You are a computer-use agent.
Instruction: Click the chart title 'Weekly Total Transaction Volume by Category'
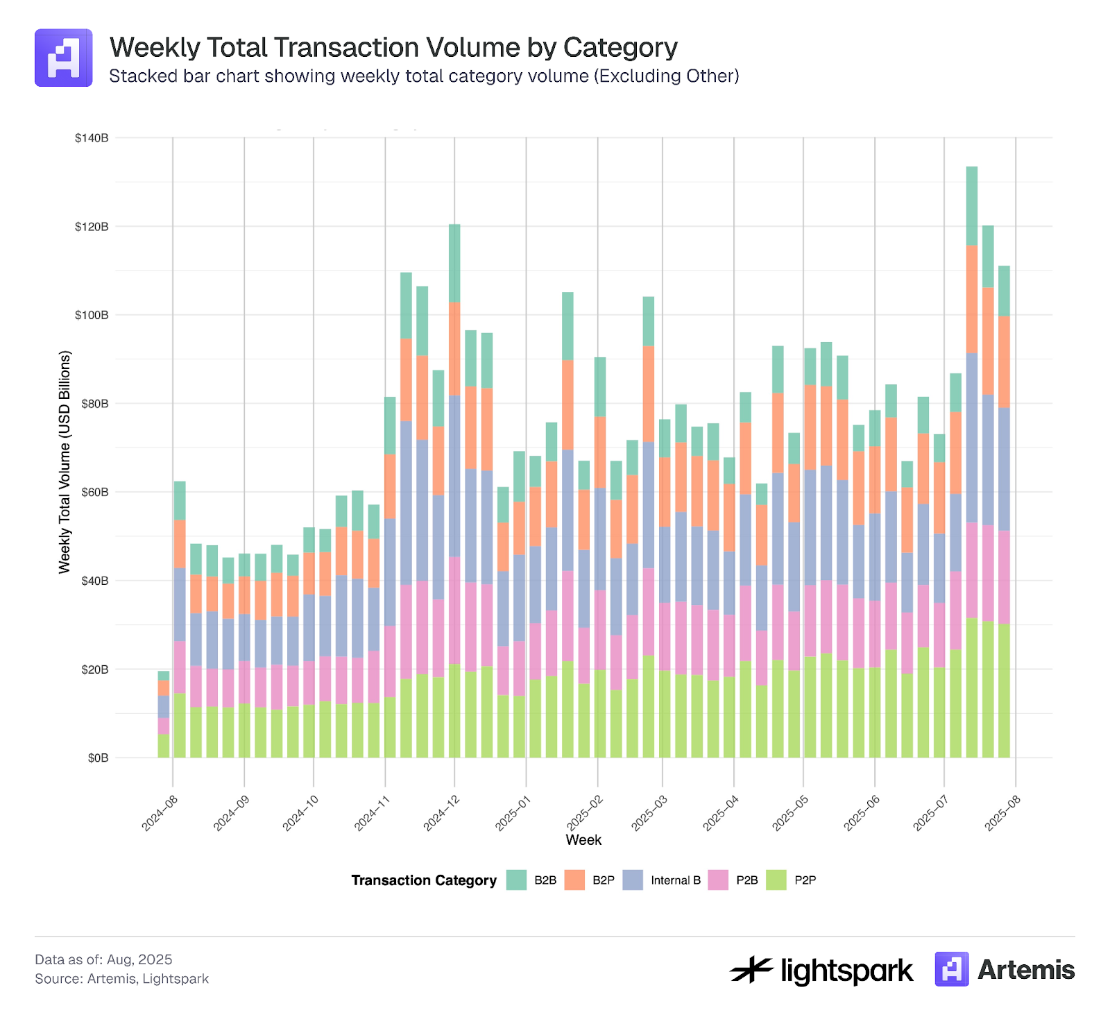(393, 48)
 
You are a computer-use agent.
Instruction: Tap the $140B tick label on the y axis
(92, 138)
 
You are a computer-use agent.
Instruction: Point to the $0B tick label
(98, 758)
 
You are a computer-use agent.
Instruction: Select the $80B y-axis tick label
(94, 404)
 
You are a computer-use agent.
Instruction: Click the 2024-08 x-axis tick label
(160, 813)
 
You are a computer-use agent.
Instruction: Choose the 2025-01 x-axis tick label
(513, 813)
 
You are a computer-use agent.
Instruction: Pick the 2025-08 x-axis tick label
(1002, 813)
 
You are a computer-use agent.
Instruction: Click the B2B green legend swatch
(516, 880)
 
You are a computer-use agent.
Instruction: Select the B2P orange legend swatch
(574, 880)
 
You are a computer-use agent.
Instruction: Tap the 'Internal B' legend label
(675, 880)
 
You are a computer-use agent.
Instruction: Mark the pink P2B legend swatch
(718, 880)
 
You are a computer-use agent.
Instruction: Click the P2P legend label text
(805, 880)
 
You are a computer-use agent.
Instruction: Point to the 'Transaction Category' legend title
(424, 880)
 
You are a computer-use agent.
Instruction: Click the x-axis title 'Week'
(583, 840)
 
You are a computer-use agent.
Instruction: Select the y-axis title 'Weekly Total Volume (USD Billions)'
(65, 462)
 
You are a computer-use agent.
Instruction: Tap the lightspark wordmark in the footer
(821, 970)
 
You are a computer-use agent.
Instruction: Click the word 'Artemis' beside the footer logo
(1025, 970)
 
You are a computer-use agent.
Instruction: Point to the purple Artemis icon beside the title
(64, 58)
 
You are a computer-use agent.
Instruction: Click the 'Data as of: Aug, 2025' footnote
(103, 959)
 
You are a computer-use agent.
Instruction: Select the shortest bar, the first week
(164, 715)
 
